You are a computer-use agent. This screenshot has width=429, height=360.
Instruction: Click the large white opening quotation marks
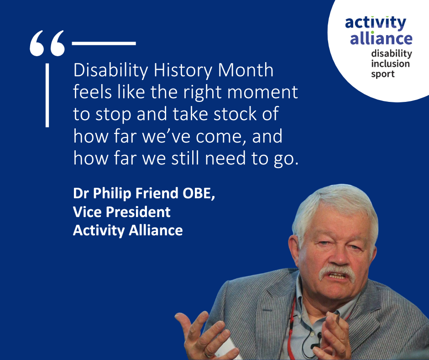47,43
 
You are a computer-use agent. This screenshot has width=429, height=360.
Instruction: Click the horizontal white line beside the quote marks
104,43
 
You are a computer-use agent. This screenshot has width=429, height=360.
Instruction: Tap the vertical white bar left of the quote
47,95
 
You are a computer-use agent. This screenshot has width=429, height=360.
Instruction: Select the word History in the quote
183,71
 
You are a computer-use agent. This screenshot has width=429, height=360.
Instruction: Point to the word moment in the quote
262,92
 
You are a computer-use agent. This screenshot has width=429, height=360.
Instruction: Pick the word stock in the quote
235,114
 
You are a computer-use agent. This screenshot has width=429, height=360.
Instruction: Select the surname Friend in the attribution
157,193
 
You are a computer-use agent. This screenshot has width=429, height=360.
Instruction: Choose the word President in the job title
138,212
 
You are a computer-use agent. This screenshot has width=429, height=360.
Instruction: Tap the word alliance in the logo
381,38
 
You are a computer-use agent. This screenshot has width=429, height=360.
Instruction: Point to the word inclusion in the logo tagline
390,64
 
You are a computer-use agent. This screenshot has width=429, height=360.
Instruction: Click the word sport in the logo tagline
383,74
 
